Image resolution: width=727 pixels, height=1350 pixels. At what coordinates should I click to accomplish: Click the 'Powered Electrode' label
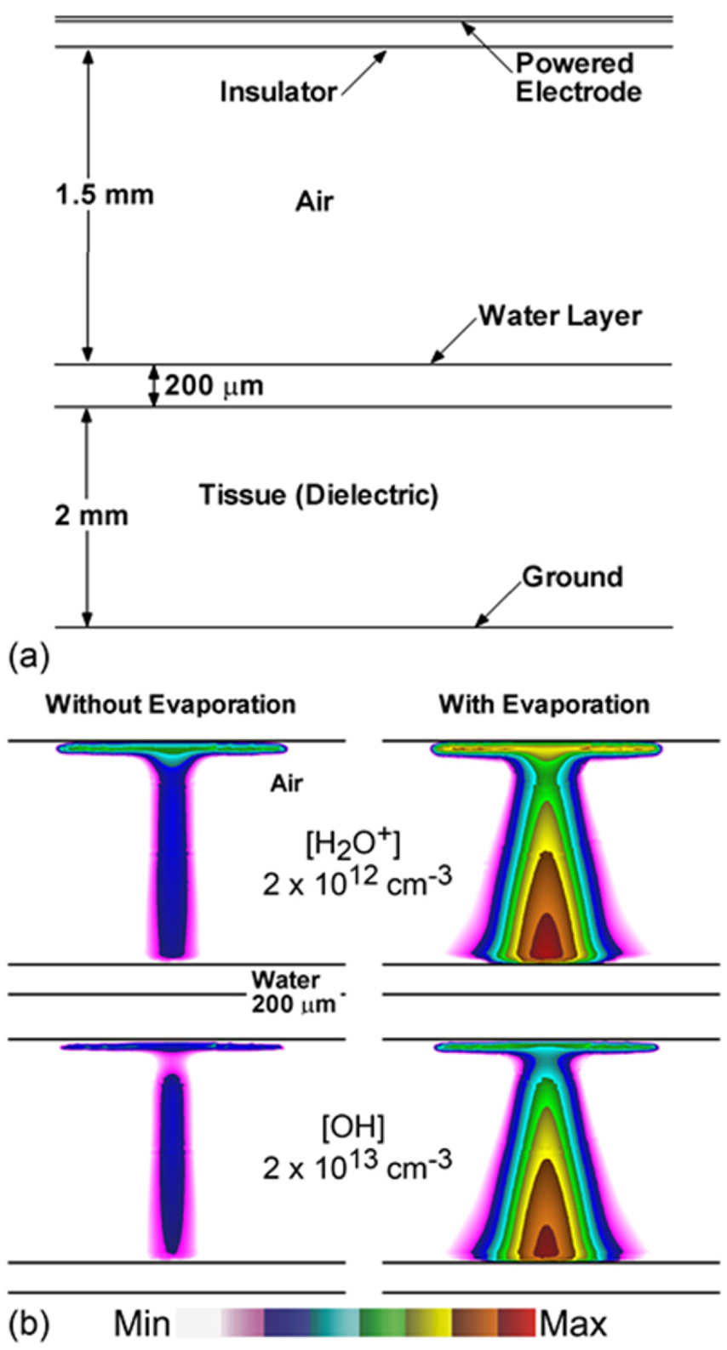pyautogui.click(x=577, y=77)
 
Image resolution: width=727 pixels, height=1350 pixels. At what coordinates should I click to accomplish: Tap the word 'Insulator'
pyautogui.click(x=278, y=92)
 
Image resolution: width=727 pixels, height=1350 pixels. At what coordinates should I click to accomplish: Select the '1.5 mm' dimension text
pyautogui.click(x=105, y=195)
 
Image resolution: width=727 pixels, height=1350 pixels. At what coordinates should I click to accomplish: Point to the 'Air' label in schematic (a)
pyautogui.click(x=314, y=202)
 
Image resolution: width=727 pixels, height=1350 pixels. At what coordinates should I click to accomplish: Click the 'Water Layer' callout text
pyautogui.click(x=559, y=316)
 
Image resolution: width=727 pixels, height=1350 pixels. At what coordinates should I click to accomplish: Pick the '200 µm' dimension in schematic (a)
pyautogui.click(x=214, y=386)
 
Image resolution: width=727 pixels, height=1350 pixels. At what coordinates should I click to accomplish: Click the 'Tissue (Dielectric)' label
pyautogui.click(x=318, y=494)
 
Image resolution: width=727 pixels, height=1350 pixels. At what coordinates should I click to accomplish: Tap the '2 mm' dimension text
pyautogui.click(x=91, y=516)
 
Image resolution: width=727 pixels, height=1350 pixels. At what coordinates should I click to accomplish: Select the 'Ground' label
pyautogui.click(x=572, y=577)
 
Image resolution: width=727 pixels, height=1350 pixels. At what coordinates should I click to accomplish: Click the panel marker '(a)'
pyautogui.click(x=28, y=658)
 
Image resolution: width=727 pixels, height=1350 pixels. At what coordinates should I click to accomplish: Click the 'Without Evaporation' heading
pyautogui.click(x=170, y=704)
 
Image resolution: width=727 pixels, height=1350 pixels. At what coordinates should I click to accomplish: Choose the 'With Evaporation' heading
pyautogui.click(x=544, y=704)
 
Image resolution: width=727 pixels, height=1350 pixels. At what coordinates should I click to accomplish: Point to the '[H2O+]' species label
pyautogui.click(x=352, y=845)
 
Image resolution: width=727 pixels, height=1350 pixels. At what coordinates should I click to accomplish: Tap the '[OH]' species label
pyautogui.click(x=352, y=1128)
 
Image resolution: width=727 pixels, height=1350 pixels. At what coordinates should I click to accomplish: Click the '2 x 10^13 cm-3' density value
pyautogui.click(x=357, y=1166)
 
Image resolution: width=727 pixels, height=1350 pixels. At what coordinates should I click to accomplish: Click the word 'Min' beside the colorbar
pyautogui.click(x=142, y=1324)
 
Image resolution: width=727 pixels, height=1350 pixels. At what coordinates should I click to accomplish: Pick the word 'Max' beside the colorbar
pyautogui.click(x=573, y=1324)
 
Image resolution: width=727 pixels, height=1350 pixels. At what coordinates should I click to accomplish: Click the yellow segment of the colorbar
pyautogui.click(x=428, y=1323)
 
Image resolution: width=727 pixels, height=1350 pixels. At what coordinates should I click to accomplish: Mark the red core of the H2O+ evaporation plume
pyautogui.click(x=545, y=938)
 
